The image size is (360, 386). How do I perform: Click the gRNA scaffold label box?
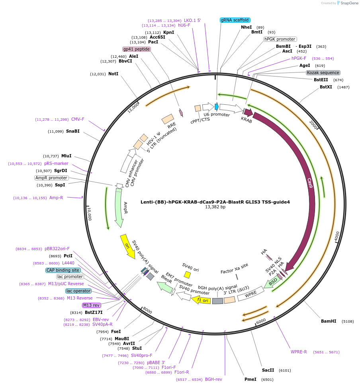(235, 20)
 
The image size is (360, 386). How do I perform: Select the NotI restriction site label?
(113, 74)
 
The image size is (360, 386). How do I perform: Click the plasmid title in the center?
(215, 202)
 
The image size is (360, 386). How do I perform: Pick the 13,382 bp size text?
(215, 207)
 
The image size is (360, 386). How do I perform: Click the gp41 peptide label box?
(137, 49)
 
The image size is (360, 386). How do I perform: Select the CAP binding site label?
(63, 270)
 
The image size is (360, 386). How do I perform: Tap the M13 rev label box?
(91, 305)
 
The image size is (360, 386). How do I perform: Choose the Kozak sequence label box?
(323, 73)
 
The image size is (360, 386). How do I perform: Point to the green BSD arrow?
(272, 282)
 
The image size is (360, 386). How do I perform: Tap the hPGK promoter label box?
(280, 39)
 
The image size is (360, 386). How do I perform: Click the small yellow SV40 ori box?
(187, 274)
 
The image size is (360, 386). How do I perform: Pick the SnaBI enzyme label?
(72, 131)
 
